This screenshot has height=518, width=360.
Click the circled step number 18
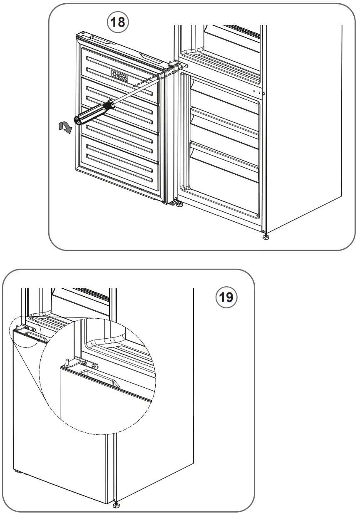pyautogui.click(x=118, y=22)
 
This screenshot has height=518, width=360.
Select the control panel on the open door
pyautogui.click(x=119, y=76)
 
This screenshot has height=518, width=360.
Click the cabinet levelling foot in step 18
pyautogui.click(x=266, y=237)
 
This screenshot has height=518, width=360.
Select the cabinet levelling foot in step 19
pyautogui.click(x=116, y=505)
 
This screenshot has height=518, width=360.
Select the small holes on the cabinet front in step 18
pyautogui.click(x=258, y=93)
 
